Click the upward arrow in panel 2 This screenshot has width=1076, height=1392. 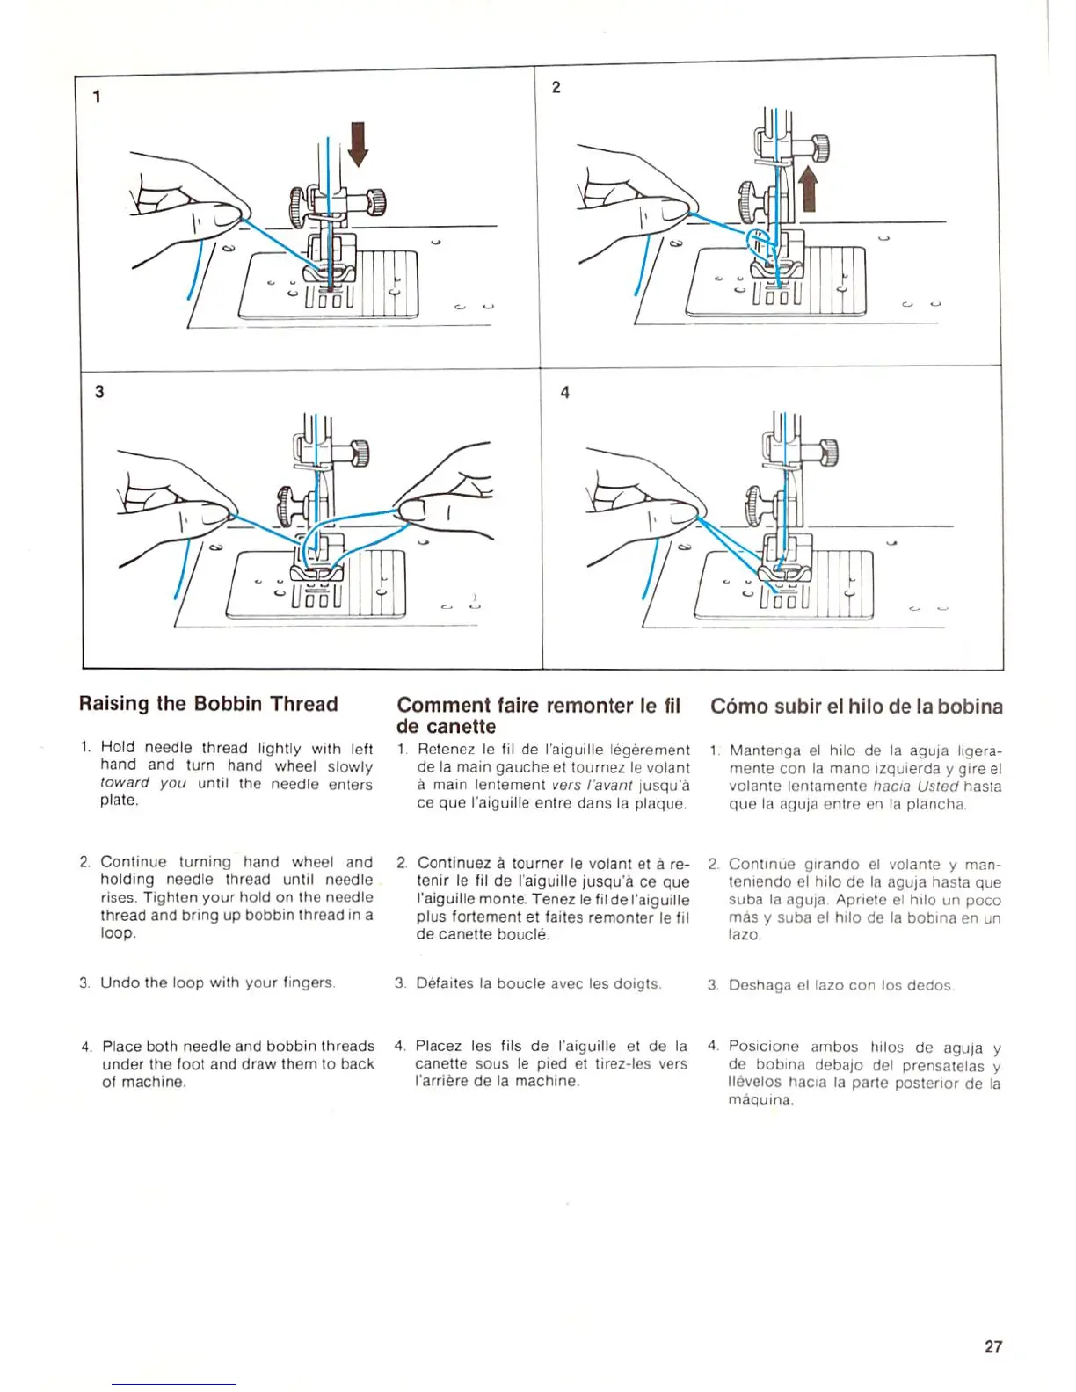coord(808,189)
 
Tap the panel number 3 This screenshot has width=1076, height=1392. coord(99,392)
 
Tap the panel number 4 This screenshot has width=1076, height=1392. coord(564,393)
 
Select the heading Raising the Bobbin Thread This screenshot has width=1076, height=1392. coord(208,704)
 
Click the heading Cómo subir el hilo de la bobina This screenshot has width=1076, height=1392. coord(856,707)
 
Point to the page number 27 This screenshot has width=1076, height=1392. coord(993,1346)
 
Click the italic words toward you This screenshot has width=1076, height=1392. coord(143,783)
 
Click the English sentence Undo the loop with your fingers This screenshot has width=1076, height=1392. coord(217,982)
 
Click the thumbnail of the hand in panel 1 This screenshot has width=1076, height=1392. coord(229,213)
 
